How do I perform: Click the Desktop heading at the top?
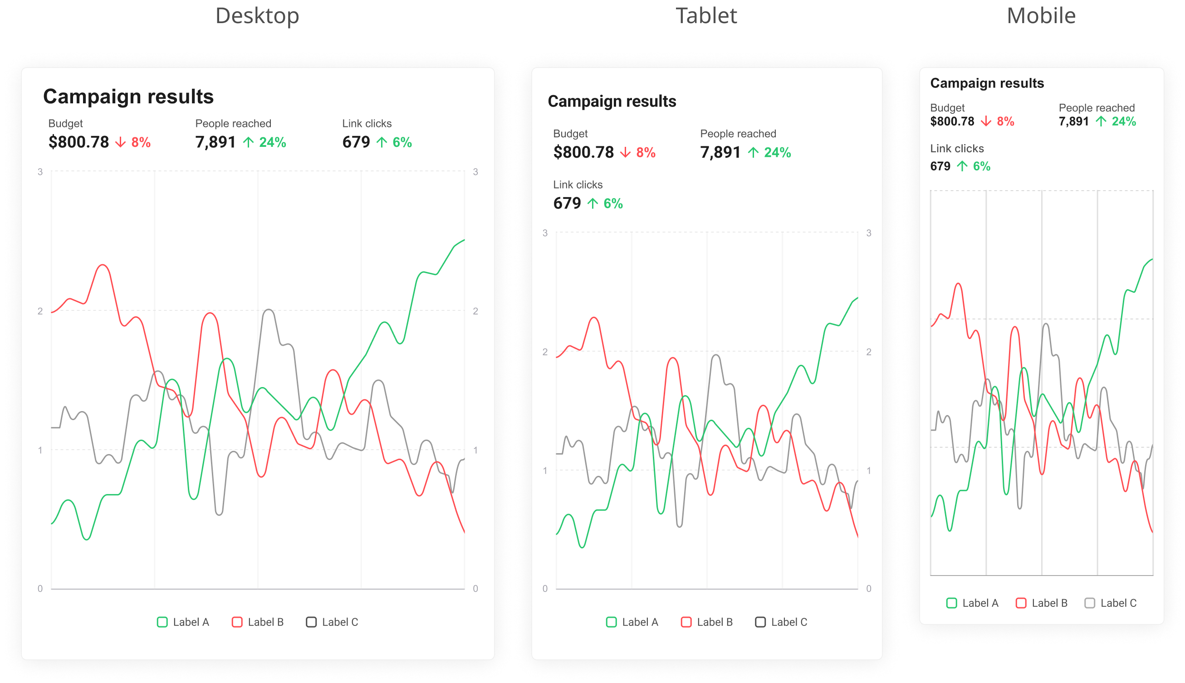[x=257, y=16]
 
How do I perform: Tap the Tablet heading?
[x=706, y=16]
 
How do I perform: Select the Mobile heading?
[x=1041, y=16]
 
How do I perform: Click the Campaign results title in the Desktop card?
[x=128, y=96]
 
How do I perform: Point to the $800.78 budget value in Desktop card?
[x=78, y=142]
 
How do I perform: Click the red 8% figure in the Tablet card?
[x=646, y=152]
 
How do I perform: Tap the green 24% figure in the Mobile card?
[x=1123, y=121]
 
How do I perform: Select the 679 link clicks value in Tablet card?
[x=567, y=203]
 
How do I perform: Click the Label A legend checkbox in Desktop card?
[x=162, y=622]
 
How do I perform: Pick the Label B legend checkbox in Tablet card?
[x=686, y=622]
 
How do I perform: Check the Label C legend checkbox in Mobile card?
[x=1089, y=603]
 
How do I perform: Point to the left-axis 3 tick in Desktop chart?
[x=40, y=172]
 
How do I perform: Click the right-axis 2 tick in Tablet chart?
[x=869, y=352]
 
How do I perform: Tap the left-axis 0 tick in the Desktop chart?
[x=40, y=588]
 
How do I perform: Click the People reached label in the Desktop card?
[x=233, y=123]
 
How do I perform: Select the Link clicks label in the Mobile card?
[x=956, y=148]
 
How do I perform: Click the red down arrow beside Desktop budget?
[x=121, y=142]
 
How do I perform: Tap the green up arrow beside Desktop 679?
[x=382, y=142]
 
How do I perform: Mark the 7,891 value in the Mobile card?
[x=1073, y=121]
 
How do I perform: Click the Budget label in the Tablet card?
[x=570, y=134]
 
